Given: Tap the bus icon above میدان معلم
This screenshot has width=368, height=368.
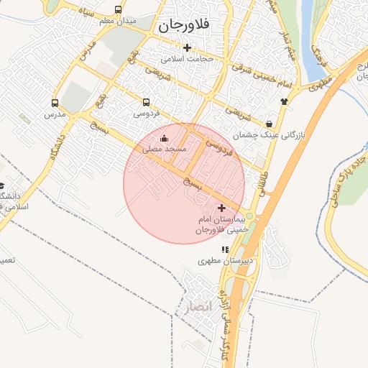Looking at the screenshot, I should pos(118,10).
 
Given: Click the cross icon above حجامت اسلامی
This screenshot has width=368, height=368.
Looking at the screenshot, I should pos(188,47).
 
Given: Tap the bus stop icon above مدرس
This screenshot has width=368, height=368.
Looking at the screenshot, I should pos(55,103).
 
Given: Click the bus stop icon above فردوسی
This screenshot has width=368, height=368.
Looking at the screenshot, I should pos(147,103).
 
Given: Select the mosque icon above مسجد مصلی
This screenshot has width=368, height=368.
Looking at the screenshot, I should pos(164,138).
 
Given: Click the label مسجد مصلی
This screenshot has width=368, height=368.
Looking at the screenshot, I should pos(164,149).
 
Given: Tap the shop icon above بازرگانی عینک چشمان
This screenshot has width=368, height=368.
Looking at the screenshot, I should pos(269,124).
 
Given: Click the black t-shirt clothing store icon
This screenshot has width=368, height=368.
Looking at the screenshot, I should pos(284,101).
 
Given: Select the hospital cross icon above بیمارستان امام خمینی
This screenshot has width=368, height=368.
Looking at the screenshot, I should pos(221,207).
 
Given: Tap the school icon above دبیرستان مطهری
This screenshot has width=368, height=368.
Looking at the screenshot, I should pos(225,249).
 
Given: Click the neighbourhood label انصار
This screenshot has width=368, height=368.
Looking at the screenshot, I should pos(196,308).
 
